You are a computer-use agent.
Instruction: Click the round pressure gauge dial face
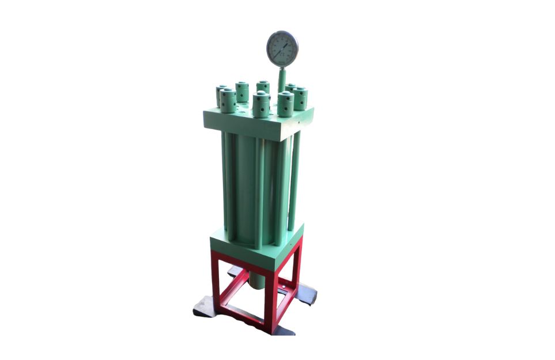tap(282, 48)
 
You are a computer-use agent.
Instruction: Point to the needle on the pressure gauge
tap(284, 47)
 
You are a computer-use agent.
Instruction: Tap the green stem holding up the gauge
tap(282, 78)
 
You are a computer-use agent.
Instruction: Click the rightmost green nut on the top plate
tap(300, 98)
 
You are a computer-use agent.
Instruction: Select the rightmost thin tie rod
tap(295, 179)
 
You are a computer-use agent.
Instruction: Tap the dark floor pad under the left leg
tap(205, 305)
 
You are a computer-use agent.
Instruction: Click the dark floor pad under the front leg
tap(282, 330)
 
